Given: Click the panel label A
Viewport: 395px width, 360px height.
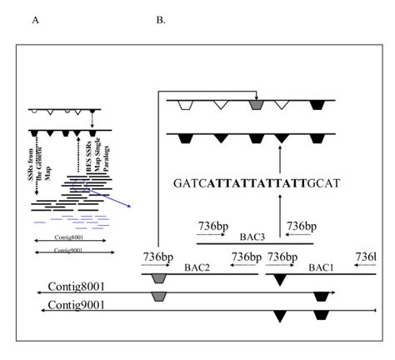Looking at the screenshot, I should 36,18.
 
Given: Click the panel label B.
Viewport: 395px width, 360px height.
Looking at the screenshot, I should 160,18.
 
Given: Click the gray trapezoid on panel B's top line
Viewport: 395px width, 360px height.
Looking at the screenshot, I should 257,105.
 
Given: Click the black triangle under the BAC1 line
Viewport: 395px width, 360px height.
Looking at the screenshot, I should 280,279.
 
